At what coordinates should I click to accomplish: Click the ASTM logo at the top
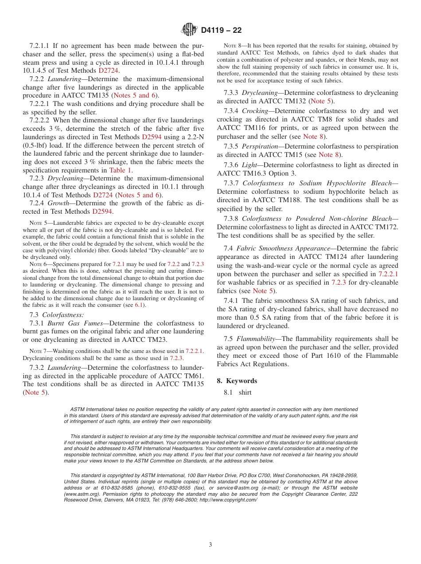(190, 30)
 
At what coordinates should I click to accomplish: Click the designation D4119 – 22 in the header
(221, 31)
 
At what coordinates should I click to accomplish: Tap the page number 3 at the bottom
(210, 545)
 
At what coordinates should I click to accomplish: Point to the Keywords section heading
(242, 381)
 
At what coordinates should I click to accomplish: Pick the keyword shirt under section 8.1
(245, 392)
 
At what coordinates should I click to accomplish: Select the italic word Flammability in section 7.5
(256, 339)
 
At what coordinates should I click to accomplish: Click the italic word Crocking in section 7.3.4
(255, 111)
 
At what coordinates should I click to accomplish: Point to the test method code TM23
(158, 340)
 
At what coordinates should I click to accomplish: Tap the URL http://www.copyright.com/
(229, 500)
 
